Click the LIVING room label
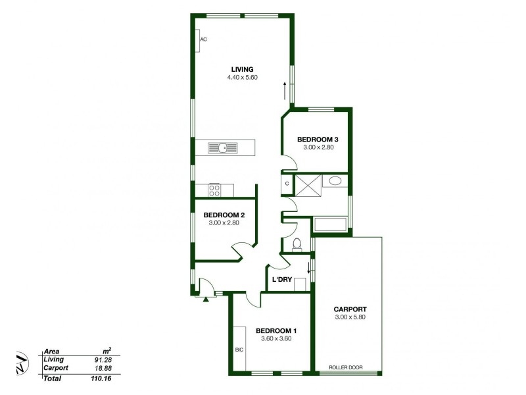[242, 69]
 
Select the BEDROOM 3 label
[318, 139]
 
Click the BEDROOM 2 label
[224, 215]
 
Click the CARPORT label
[350, 309]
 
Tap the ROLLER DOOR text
[346, 368]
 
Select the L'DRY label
[281, 280]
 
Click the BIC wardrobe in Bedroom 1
[239, 350]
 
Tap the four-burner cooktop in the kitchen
[214, 190]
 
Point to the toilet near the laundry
[297, 244]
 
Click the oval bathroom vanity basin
[335, 181]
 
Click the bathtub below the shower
[331, 224]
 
